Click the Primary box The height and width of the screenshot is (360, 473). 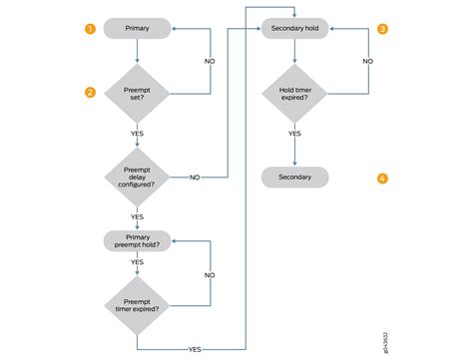pyautogui.click(x=136, y=30)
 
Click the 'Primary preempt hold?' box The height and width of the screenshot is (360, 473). pyautogui.click(x=136, y=240)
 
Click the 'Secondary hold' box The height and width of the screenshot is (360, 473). pyautogui.click(x=294, y=30)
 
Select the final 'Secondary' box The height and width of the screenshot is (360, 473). pyautogui.click(x=294, y=178)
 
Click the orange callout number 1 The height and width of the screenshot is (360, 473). pyautogui.click(x=90, y=30)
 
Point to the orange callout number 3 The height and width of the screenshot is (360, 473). pyautogui.click(x=382, y=30)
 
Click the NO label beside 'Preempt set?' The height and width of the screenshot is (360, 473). pyautogui.click(x=210, y=61)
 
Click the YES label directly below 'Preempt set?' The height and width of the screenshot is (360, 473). pyautogui.click(x=136, y=132)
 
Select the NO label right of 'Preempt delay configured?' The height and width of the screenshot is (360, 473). pyautogui.click(x=194, y=178)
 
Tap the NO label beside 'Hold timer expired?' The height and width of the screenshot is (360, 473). pyautogui.click(x=367, y=61)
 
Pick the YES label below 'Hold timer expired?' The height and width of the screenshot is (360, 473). pyautogui.click(x=294, y=132)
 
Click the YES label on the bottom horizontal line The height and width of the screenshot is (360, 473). pyautogui.click(x=195, y=349)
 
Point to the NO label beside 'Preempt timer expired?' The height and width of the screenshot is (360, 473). pyautogui.click(x=210, y=274)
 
